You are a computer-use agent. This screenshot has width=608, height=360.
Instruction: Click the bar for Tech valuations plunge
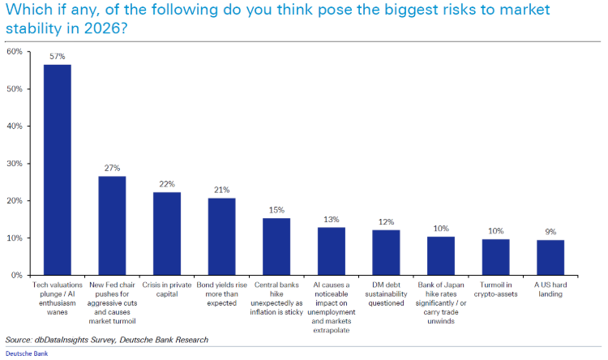coord(57,169)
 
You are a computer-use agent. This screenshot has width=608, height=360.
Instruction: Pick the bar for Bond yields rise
coord(221,236)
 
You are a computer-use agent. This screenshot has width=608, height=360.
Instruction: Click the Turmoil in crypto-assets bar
coord(495,257)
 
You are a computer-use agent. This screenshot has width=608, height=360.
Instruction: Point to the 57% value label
coord(57,56)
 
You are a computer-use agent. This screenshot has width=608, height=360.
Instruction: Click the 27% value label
coord(112,168)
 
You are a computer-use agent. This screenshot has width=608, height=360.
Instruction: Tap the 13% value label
coord(331,219)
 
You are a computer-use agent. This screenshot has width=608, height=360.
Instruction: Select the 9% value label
coord(550,232)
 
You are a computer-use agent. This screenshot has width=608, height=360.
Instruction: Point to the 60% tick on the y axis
coord(15,52)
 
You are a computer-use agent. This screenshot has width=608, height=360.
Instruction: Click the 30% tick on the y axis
coord(15,164)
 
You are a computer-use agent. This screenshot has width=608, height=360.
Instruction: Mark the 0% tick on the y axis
coord(17,276)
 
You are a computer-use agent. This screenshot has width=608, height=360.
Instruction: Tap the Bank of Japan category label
coord(441,302)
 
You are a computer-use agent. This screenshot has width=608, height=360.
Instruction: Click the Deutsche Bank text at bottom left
coord(25,354)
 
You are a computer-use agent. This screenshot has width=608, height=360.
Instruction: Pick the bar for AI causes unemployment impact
coord(331,251)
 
